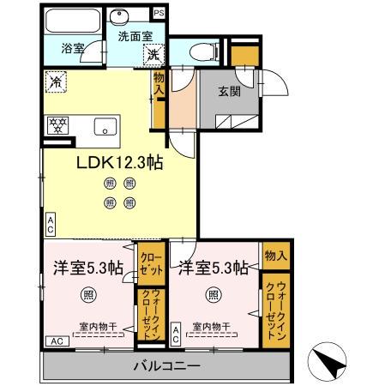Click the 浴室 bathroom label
(x=73, y=50)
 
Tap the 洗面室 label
(x=134, y=37)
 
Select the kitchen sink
(x=106, y=130)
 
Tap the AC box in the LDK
(x=51, y=225)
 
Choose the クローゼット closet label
(x=150, y=262)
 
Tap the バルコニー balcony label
(x=167, y=366)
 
